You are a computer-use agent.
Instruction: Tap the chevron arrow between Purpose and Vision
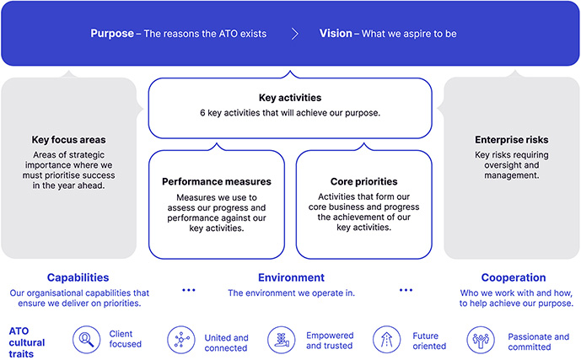point(293,35)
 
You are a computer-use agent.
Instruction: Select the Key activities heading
point(290,98)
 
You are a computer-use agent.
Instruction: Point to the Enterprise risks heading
point(512,139)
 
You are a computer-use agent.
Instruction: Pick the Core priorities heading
point(364,181)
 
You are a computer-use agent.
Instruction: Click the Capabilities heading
point(78,277)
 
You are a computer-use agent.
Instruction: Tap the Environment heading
point(291,277)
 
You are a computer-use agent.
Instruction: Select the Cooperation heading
point(513,277)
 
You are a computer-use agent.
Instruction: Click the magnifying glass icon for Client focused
point(86,340)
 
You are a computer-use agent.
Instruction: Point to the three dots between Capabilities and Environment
point(188,290)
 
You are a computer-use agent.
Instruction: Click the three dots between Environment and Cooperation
point(406,290)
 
